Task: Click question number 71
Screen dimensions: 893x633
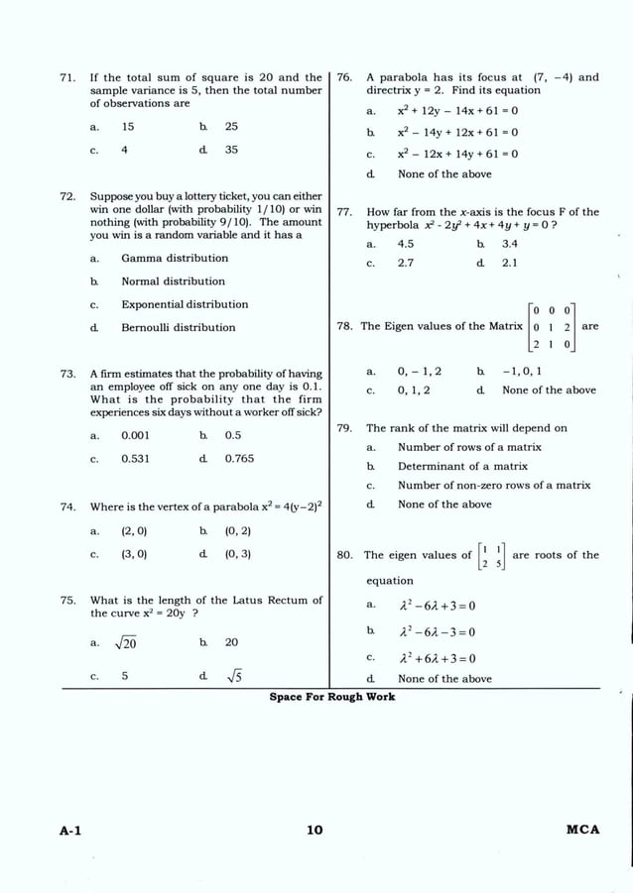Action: (68, 77)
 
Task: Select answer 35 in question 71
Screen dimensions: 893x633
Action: (231, 150)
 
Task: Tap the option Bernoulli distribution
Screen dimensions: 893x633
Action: (179, 327)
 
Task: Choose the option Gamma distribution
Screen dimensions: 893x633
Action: (175, 258)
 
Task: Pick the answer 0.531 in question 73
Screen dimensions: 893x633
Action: (136, 459)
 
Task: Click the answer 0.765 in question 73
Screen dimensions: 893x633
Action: (239, 459)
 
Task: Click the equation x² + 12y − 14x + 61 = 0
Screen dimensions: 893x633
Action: (457, 110)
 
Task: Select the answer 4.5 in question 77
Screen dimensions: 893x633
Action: (406, 243)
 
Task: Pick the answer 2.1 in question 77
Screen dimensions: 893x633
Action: (510, 264)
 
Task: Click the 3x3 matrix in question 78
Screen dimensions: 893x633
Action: (553, 326)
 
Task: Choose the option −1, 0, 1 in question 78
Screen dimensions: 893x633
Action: (522, 372)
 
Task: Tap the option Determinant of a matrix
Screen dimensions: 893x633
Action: (462, 466)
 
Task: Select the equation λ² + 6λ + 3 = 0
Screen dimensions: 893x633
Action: (437, 658)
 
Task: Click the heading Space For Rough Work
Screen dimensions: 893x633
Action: (331, 697)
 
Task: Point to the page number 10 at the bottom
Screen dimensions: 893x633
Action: (315, 830)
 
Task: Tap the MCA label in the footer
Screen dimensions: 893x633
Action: (582, 830)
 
